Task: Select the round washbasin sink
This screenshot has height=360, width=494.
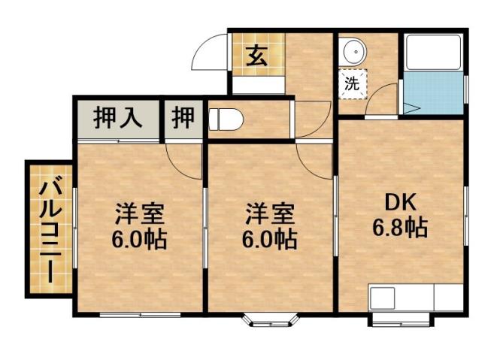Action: coord(353,52)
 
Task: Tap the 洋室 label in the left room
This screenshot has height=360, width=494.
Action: coord(139,213)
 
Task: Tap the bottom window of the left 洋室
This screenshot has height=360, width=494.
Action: coord(141,313)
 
